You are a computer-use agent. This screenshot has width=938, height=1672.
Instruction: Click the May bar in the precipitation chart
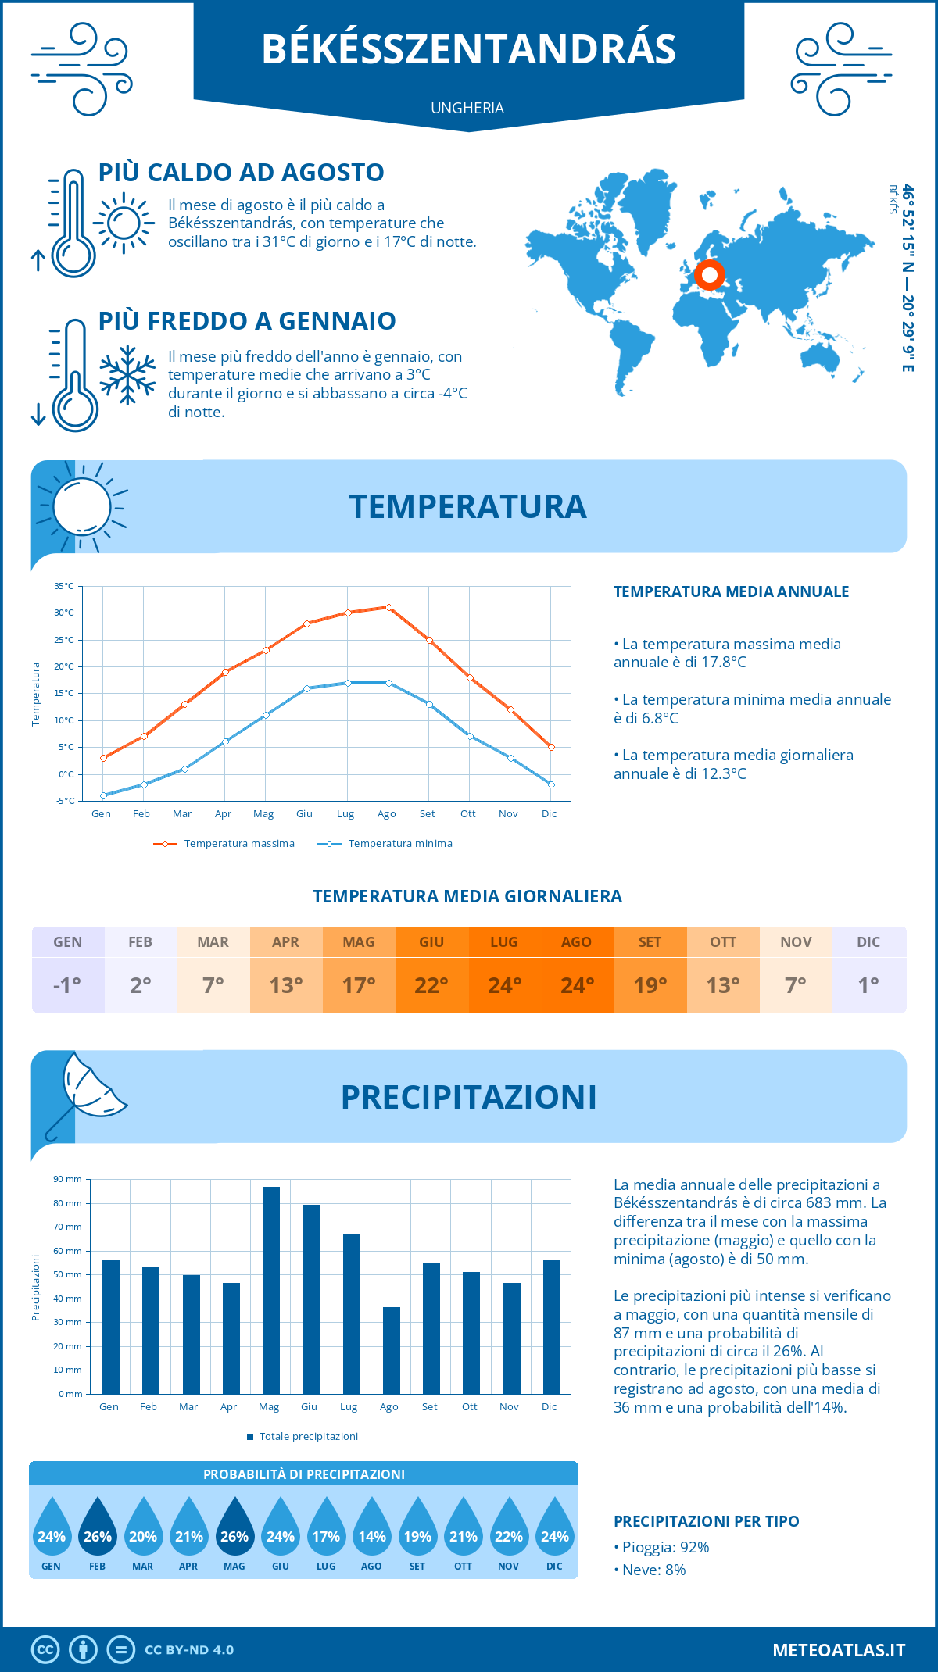[270, 1290]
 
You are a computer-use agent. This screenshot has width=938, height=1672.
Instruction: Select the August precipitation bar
[391, 1350]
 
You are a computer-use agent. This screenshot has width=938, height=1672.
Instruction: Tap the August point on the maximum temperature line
[388, 607]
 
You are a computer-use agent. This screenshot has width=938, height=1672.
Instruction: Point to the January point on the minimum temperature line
[103, 795]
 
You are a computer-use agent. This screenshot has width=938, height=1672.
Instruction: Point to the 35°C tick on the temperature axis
[64, 586]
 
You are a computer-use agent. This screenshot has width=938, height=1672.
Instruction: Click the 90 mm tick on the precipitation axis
[68, 1179]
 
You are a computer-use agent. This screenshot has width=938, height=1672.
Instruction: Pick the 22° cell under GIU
[431, 985]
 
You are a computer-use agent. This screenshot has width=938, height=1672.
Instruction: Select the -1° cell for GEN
[68, 985]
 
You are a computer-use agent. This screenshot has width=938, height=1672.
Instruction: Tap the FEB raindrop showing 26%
[98, 1531]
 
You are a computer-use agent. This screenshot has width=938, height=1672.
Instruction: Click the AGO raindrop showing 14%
[372, 1531]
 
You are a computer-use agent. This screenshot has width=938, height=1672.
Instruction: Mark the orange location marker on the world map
[710, 275]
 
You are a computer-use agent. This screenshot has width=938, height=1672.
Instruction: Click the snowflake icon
[127, 375]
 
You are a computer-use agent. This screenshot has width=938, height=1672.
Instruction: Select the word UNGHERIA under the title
[467, 108]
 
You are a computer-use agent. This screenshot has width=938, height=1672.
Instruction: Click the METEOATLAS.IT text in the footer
[839, 1650]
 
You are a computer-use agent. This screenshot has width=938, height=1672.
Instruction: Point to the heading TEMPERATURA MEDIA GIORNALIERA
[467, 896]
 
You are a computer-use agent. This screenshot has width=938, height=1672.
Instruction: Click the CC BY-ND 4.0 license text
[189, 1650]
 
